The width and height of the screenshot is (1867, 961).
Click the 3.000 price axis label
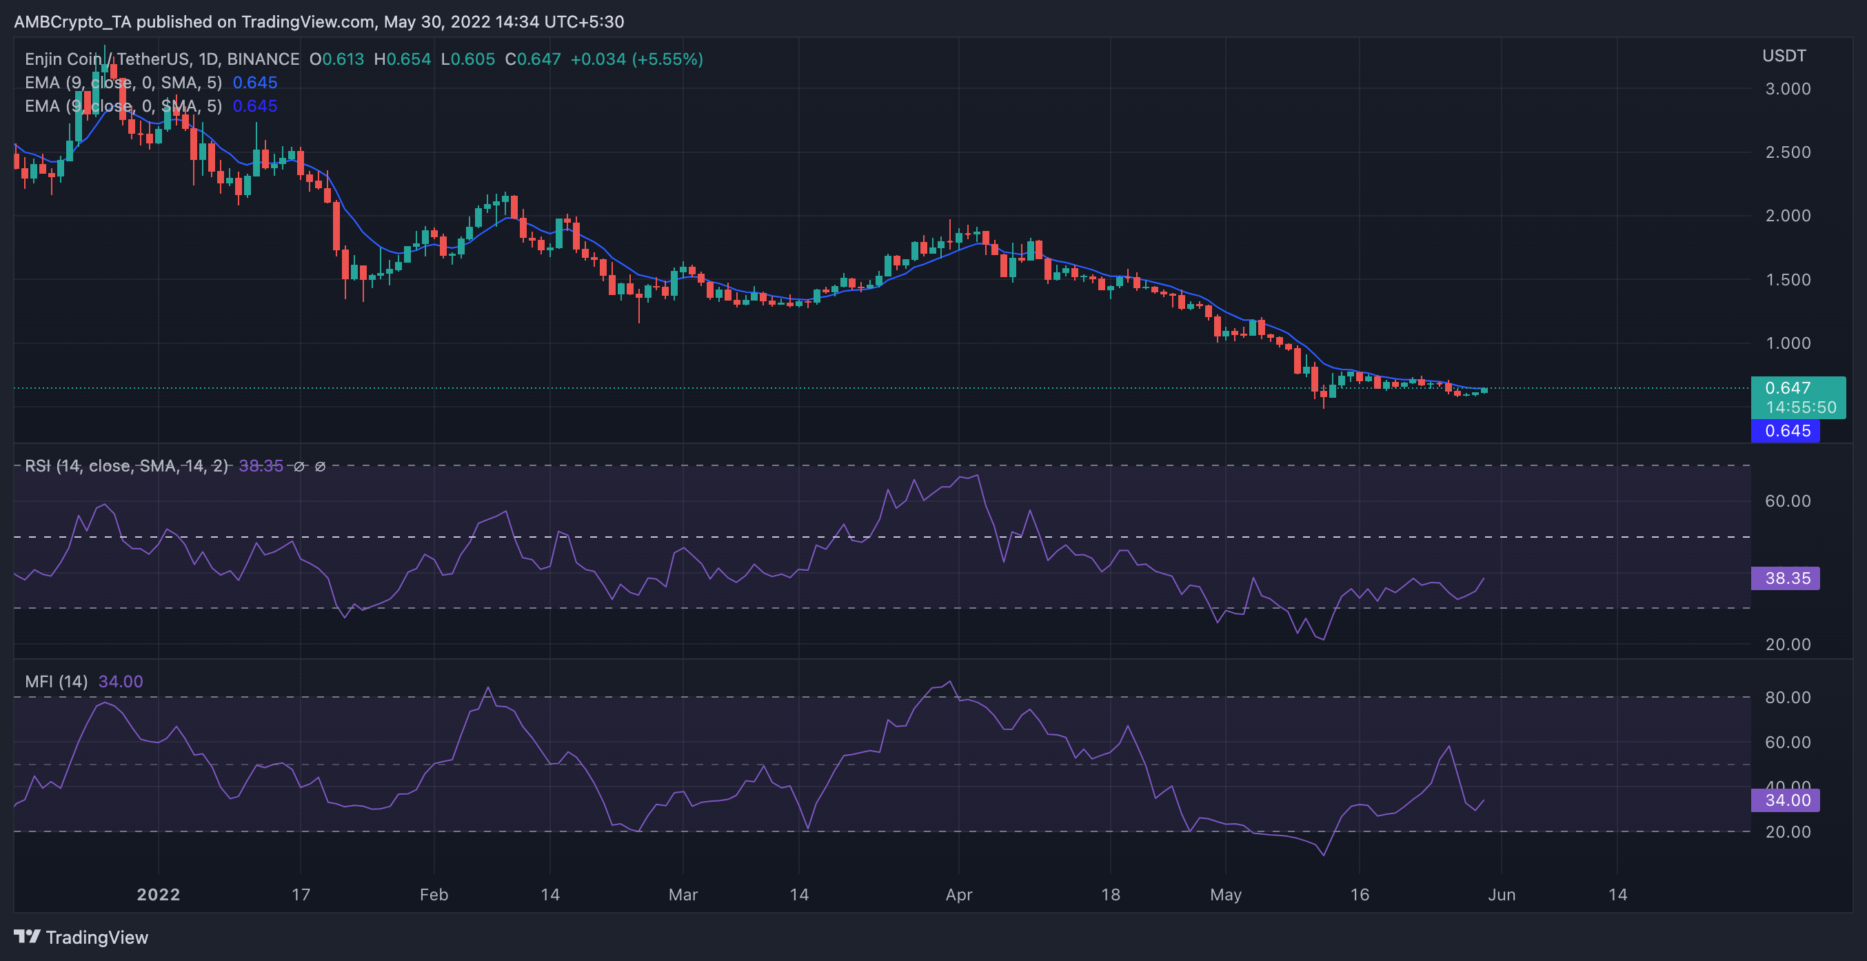[x=1787, y=88]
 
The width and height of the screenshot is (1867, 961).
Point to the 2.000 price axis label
[x=1787, y=215]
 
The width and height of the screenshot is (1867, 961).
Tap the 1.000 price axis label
[x=1787, y=343]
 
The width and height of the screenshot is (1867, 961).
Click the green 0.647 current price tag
[x=1797, y=396]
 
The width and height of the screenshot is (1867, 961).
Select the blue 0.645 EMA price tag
[x=1786, y=430]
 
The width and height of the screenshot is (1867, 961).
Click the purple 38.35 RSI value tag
[x=1786, y=578]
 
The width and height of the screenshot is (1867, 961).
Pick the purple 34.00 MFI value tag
[x=1786, y=800]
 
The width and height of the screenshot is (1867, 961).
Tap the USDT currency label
[x=1784, y=56]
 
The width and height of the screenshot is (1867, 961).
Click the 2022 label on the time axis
[x=158, y=894]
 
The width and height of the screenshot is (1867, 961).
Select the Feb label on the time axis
[x=434, y=894]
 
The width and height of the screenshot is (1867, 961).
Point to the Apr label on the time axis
[x=958, y=894]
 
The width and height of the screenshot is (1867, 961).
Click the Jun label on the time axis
[x=1501, y=894]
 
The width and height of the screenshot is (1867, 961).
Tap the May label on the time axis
[x=1225, y=894]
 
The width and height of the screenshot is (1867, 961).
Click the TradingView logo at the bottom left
[x=81, y=937]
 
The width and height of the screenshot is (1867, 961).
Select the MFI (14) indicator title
[x=56, y=681]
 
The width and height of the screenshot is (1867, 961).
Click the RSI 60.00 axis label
[x=1787, y=500]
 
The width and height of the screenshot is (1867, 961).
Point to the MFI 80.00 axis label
[x=1787, y=697]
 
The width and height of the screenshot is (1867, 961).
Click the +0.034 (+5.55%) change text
[x=636, y=59]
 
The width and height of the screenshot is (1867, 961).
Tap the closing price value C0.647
[x=533, y=59]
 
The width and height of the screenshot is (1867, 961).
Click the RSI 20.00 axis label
[x=1787, y=645]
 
